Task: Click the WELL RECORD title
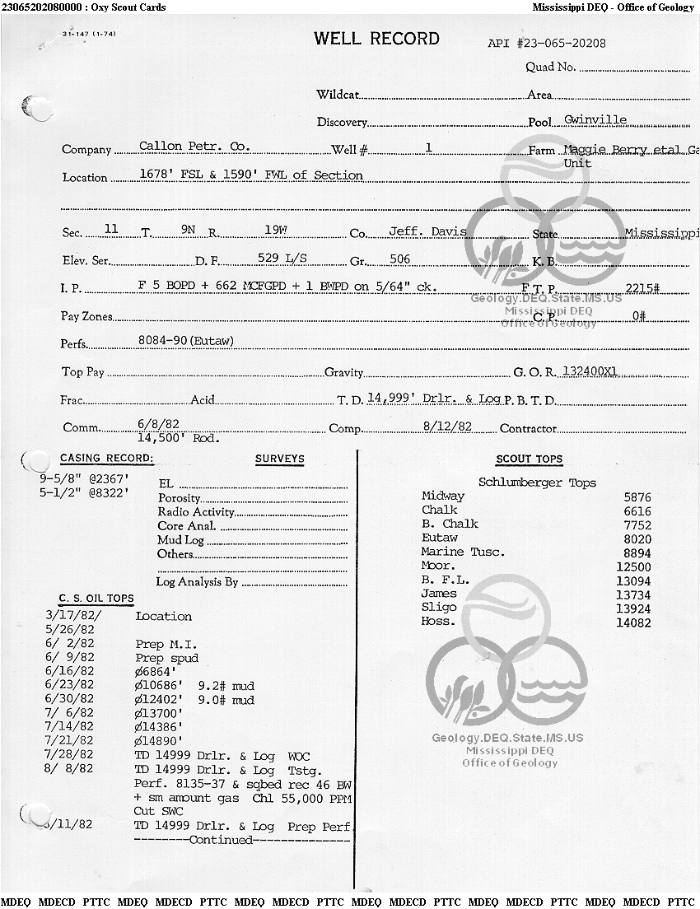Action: (x=376, y=39)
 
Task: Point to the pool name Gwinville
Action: (x=595, y=119)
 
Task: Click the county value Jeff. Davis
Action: (x=427, y=231)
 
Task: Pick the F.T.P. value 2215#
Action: (x=643, y=287)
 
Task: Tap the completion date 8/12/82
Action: (x=447, y=427)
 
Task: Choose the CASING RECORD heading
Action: (x=106, y=459)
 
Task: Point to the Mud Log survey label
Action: (x=180, y=540)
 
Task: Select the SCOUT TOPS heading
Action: (x=529, y=459)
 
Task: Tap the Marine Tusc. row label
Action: (x=463, y=552)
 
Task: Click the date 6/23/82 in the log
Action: (x=70, y=685)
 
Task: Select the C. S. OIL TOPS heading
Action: (x=96, y=599)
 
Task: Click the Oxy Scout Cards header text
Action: (x=130, y=7)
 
